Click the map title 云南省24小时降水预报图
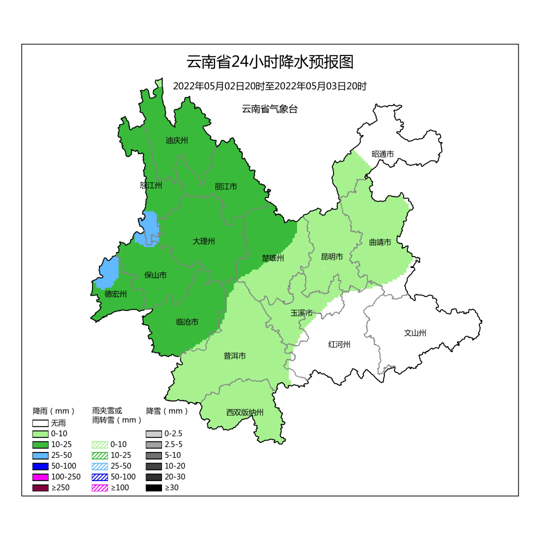point(270,62)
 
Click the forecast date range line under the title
point(270,86)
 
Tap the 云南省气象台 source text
point(269,109)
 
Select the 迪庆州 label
point(176,140)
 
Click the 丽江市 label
point(226,186)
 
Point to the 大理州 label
point(203,241)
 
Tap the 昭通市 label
point(382,154)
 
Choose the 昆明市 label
point(332,257)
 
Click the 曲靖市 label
point(380,242)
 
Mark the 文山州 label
point(415,333)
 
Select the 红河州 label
point(339,344)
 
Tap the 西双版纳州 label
point(244,412)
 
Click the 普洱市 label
point(234,356)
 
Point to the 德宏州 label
point(115,294)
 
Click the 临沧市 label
point(187,322)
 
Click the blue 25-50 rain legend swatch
point(40,455)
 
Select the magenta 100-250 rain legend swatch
point(40,476)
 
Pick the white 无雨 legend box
point(40,423)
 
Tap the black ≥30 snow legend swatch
point(153,487)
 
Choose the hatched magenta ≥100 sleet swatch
point(100,487)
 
